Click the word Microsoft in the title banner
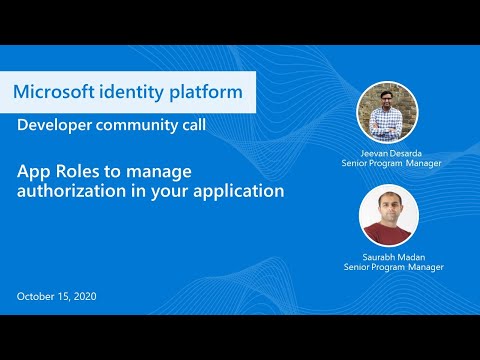pyautogui.click(x=57, y=93)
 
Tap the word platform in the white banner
pyautogui.click(x=205, y=93)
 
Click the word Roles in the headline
pyautogui.click(x=76, y=171)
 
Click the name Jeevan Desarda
pyautogui.click(x=390, y=152)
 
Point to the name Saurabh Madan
pyautogui.click(x=390, y=256)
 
